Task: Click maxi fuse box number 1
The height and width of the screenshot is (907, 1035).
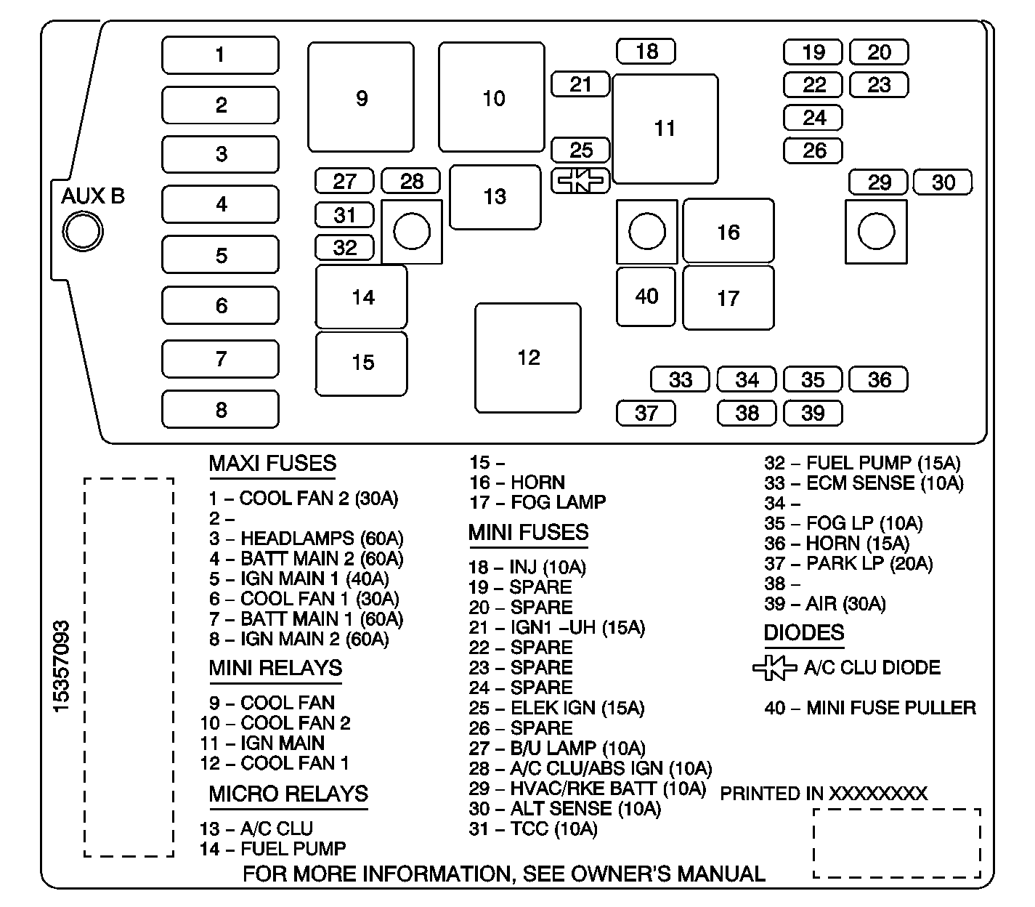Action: pyautogui.click(x=220, y=55)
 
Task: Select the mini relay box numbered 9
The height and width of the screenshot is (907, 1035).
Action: pyautogui.click(x=361, y=97)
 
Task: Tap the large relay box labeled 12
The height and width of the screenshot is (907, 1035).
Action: pyautogui.click(x=528, y=358)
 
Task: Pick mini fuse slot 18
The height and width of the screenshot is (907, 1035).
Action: pyautogui.click(x=646, y=52)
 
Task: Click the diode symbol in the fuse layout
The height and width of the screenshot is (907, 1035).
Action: pyautogui.click(x=580, y=181)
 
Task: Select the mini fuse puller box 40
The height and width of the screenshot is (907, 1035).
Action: pyautogui.click(x=646, y=297)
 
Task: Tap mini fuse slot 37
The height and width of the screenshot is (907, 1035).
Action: pyautogui.click(x=646, y=413)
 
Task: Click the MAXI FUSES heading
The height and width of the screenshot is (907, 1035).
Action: pyautogui.click(x=272, y=464)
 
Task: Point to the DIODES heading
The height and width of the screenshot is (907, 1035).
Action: pyautogui.click(x=803, y=633)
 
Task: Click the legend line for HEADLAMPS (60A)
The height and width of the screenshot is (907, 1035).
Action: pyautogui.click(x=306, y=539)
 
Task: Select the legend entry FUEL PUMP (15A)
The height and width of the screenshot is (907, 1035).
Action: pyautogui.click(x=862, y=463)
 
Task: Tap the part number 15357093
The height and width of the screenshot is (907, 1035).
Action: pyautogui.click(x=62, y=666)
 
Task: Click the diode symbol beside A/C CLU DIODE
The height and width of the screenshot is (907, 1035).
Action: pyautogui.click(x=774, y=668)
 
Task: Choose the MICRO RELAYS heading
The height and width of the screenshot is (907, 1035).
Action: pyautogui.click(x=288, y=794)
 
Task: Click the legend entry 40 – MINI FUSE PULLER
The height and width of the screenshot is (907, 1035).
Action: pyautogui.click(x=869, y=708)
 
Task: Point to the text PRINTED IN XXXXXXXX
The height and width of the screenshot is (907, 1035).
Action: pyautogui.click(x=824, y=793)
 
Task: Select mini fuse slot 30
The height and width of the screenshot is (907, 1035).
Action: pyautogui.click(x=943, y=182)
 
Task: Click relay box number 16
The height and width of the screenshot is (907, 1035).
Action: pyautogui.click(x=728, y=232)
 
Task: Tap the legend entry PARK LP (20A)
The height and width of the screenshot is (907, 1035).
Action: pyautogui.click(x=848, y=563)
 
